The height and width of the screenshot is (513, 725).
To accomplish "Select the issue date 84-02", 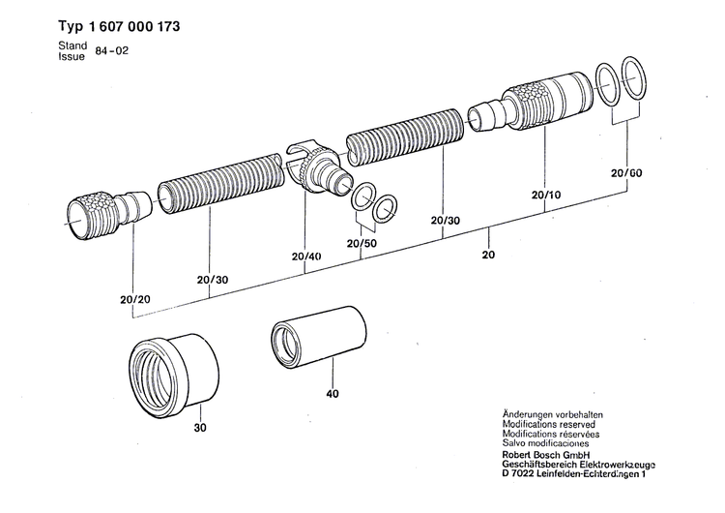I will [111, 51].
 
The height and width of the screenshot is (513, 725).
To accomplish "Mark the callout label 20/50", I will [362, 243].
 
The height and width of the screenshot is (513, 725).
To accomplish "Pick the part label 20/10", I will [547, 195].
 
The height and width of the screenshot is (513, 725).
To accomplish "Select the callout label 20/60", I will [626, 172].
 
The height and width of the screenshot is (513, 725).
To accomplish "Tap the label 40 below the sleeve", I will [332, 394].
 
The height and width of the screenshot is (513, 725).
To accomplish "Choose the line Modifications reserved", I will [548, 424].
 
